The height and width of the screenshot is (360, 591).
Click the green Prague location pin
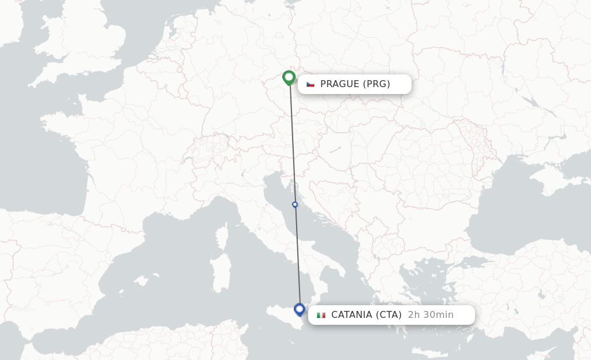tap(289, 77)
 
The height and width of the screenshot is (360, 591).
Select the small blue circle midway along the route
tap(295, 204)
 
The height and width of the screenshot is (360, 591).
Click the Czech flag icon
tap(311, 84)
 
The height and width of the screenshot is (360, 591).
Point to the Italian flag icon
tap(321, 315)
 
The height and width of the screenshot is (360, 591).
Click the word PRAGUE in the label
tap(340, 84)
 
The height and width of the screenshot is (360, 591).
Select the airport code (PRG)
tap(377, 84)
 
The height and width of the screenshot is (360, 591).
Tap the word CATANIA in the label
tap(351, 315)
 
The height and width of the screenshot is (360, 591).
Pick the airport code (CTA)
tap(388, 315)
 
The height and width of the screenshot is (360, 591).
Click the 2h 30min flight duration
tap(431, 315)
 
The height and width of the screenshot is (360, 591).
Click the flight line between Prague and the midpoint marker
tap(292, 144)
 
